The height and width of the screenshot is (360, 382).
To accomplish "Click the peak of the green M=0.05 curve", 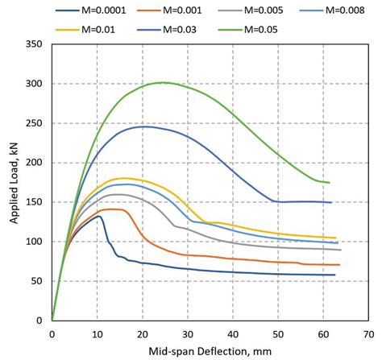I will point(163,82).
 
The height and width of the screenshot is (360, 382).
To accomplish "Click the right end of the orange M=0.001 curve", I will point(339,264).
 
